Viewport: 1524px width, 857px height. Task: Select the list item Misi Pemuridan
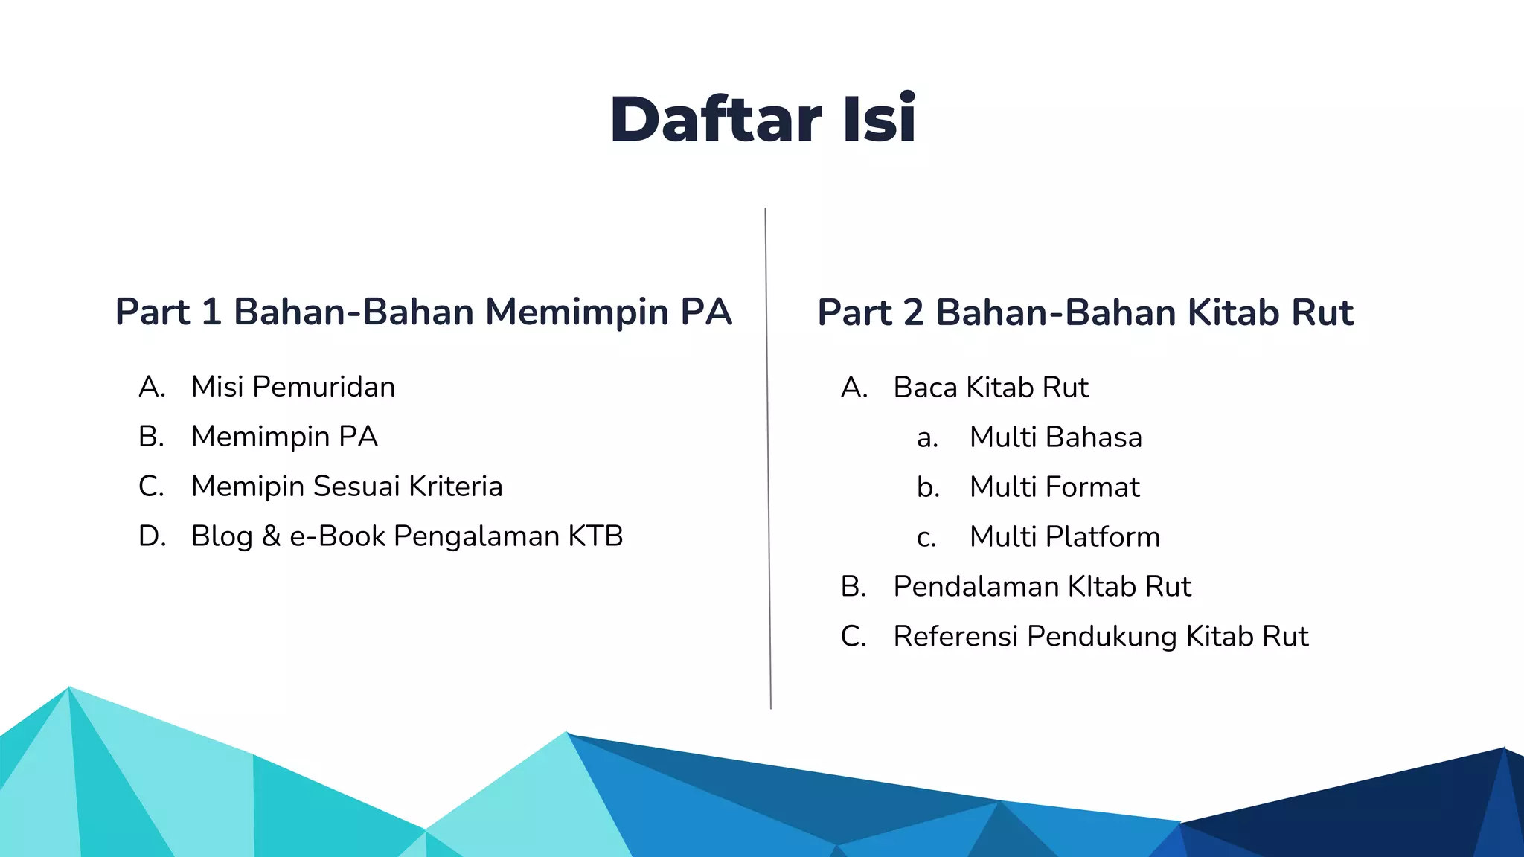click(x=292, y=387)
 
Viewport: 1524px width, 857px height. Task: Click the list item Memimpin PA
click(x=284, y=437)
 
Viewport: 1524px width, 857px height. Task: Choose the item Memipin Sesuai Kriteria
click(x=347, y=487)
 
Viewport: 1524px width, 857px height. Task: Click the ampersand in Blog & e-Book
click(x=271, y=536)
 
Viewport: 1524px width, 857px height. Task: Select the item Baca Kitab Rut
click(x=990, y=388)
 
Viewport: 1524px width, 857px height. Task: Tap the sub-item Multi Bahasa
click(x=1055, y=437)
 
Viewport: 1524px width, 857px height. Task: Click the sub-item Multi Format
click(x=1054, y=487)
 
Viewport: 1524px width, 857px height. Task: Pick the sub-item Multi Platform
click(x=1064, y=537)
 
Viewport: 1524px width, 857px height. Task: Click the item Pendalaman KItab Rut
click(x=1042, y=587)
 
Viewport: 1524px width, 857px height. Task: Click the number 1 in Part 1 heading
click(x=212, y=312)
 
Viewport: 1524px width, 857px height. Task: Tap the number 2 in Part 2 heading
click(x=914, y=312)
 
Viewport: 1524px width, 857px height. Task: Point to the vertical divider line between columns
click(x=768, y=458)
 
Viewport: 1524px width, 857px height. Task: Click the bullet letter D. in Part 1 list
click(x=152, y=536)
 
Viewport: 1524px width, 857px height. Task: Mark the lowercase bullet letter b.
click(x=928, y=488)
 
